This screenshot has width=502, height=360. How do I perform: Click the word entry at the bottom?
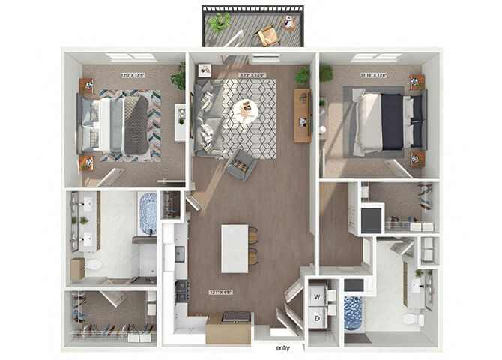pyautogui.click(x=282, y=347)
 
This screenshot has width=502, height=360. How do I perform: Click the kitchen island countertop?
pyautogui.click(x=234, y=248)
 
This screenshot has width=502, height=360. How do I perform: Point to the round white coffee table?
pyautogui.click(x=245, y=111)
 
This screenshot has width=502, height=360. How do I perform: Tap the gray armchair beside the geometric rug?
pyautogui.click(x=240, y=165)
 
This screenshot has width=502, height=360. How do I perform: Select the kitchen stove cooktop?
pyautogui.click(x=181, y=289)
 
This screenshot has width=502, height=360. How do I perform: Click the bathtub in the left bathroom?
pyautogui.click(x=148, y=213)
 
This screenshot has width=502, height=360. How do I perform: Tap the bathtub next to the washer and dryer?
pyautogui.click(x=352, y=313)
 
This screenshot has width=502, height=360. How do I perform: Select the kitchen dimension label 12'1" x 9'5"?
pyautogui.click(x=220, y=292)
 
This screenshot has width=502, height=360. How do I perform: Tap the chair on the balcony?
pyautogui.click(x=268, y=35)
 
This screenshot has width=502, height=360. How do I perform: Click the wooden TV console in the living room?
pyautogui.click(x=302, y=115)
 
